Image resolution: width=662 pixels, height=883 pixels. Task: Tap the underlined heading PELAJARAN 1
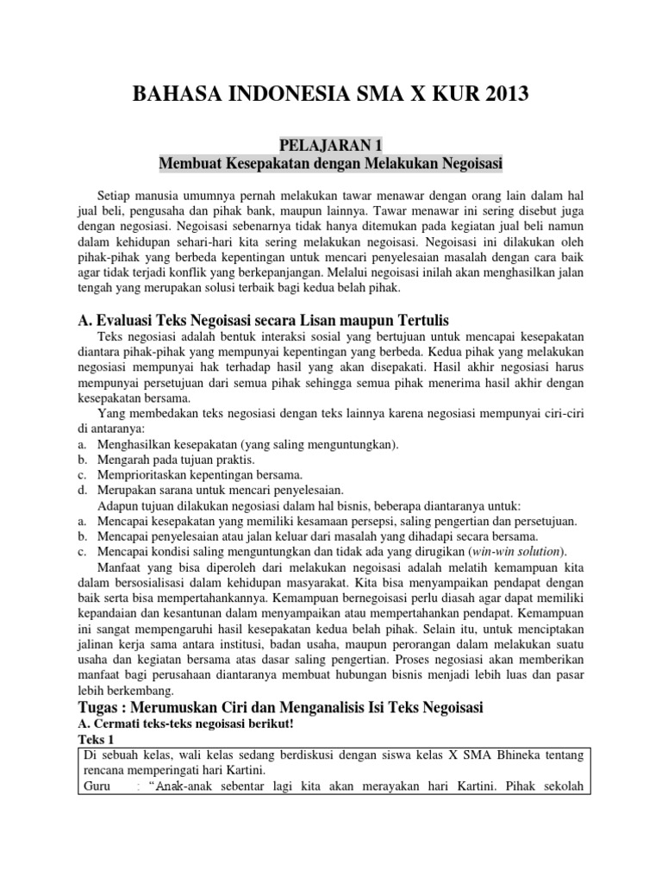(331, 143)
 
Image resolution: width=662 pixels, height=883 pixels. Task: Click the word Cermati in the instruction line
(117, 724)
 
